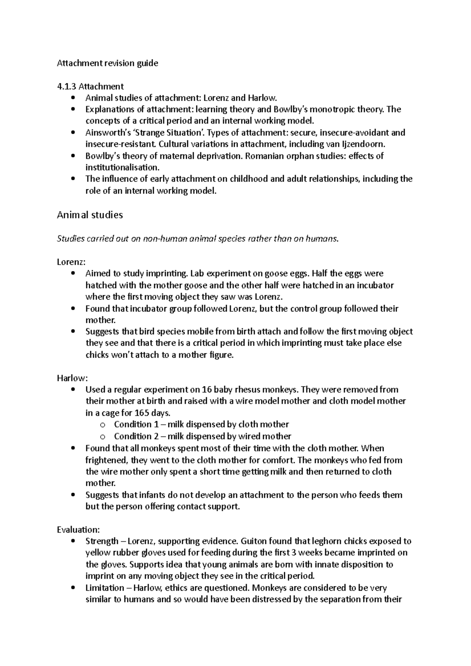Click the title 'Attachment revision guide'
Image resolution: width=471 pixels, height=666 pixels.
coord(108,63)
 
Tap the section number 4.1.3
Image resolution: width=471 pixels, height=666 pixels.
coord(66,86)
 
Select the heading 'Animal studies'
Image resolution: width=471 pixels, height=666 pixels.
coord(90,215)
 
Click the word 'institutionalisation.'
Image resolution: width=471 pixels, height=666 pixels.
coord(123,167)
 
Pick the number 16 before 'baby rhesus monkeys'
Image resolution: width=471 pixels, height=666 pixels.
coord(206,390)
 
